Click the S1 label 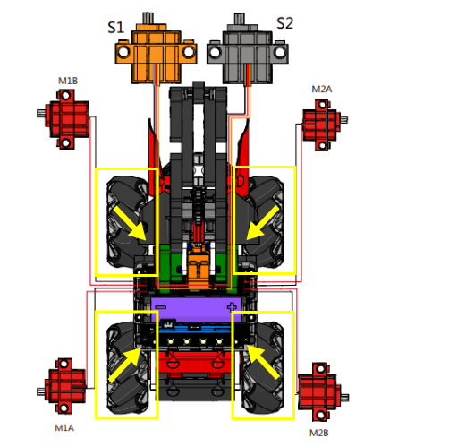(115, 28)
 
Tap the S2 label (284, 23)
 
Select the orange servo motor (156, 48)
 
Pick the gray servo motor (248, 48)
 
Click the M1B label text (68, 81)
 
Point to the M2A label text (322, 89)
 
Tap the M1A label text (64, 428)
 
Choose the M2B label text (319, 433)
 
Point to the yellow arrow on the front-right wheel (263, 222)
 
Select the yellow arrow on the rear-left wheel (125, 365)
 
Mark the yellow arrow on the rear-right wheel (263, 362)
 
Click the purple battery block (196, 310)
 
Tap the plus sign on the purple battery (232, 306)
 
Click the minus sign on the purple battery (161, 306)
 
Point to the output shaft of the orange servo (148, 18)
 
